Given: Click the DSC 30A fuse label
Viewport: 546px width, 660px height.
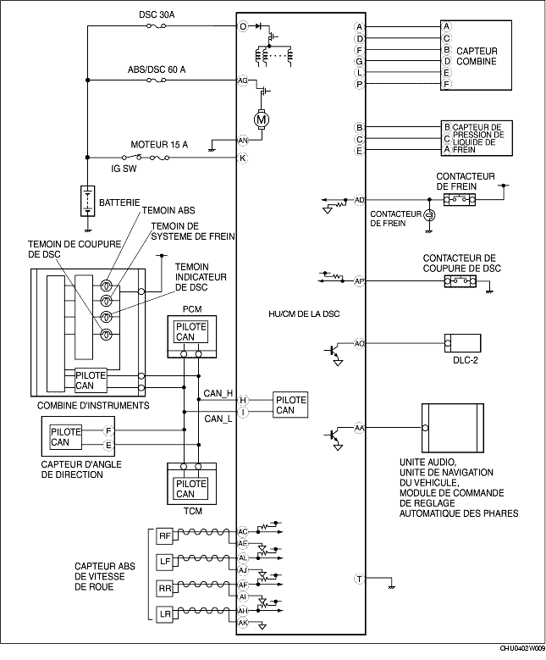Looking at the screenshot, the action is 157,14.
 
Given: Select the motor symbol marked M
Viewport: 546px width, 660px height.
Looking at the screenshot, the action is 262,120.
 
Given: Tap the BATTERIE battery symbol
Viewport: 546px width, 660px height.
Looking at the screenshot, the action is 87,201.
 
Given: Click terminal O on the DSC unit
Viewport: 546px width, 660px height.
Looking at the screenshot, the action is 243,26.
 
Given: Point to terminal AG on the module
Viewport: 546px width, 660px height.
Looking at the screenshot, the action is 243,80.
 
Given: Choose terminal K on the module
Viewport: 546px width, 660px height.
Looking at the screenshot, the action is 243,158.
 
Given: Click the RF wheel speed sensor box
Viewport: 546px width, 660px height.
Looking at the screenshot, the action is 164,535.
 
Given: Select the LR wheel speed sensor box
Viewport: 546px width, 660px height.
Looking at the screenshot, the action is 164,614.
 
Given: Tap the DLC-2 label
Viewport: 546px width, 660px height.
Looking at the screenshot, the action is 466,360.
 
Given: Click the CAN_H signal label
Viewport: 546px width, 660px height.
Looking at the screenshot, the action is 218,393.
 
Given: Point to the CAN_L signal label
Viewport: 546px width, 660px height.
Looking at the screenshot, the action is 218,419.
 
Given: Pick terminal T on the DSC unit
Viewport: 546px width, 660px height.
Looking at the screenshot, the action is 359,580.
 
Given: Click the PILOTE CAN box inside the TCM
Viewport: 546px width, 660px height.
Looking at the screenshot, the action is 191,489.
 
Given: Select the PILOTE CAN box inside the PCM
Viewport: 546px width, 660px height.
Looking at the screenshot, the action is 191,331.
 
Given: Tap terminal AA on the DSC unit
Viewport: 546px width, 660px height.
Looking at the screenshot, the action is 359,428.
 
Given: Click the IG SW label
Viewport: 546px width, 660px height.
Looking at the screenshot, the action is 124,169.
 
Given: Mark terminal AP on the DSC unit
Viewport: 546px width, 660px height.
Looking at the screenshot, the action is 359,280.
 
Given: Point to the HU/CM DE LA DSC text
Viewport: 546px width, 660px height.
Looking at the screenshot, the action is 304,314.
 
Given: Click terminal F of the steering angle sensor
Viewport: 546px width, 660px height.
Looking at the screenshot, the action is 108,430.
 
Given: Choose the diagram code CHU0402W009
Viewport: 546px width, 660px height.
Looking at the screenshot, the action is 522,656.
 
